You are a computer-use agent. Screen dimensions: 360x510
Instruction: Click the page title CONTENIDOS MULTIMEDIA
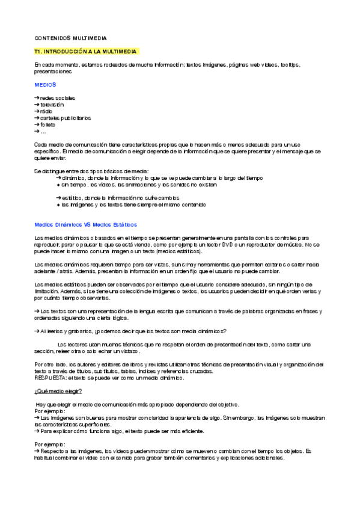[x=70, y=38]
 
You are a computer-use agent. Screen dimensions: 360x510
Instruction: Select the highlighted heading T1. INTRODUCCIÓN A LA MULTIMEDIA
[x=87, y=52]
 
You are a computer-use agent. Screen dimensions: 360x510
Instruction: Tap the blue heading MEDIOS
[x=45, y=85]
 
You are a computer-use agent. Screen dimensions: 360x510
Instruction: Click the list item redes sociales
[x=58, y=98]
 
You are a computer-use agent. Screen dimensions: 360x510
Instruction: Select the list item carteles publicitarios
[x=66, y=118]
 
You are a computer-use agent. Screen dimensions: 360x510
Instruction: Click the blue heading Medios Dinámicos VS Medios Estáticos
[x=85, y=224]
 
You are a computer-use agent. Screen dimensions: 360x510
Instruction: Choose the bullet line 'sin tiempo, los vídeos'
[x=138, y=185]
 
